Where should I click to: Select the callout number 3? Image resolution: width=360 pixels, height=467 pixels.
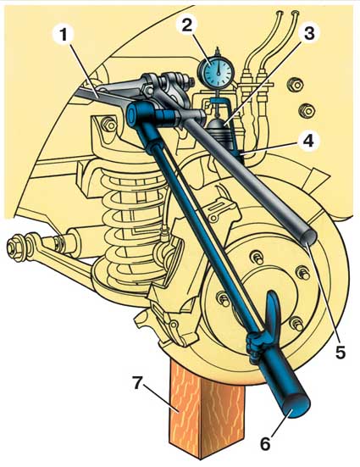[x=309, y=33]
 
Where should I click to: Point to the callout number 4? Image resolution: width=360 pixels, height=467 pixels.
[x=308, y=140]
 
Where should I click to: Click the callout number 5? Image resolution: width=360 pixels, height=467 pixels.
[x=340, y=353]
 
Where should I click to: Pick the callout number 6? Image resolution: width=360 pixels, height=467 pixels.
[x=265, y=444]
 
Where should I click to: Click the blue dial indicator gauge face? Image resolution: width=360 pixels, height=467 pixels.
[x=219, y=70]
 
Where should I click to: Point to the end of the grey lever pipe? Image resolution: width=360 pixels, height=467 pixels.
[x=309, y=238]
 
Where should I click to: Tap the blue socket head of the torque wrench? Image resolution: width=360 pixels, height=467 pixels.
[x=136, y=113]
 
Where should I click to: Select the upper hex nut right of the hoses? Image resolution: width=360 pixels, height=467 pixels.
[x=295, y=86]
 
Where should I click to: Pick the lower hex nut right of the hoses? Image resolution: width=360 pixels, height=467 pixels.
[x=307, y=111]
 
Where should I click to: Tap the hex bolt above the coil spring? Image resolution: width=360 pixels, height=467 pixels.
[x=109, y=125]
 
